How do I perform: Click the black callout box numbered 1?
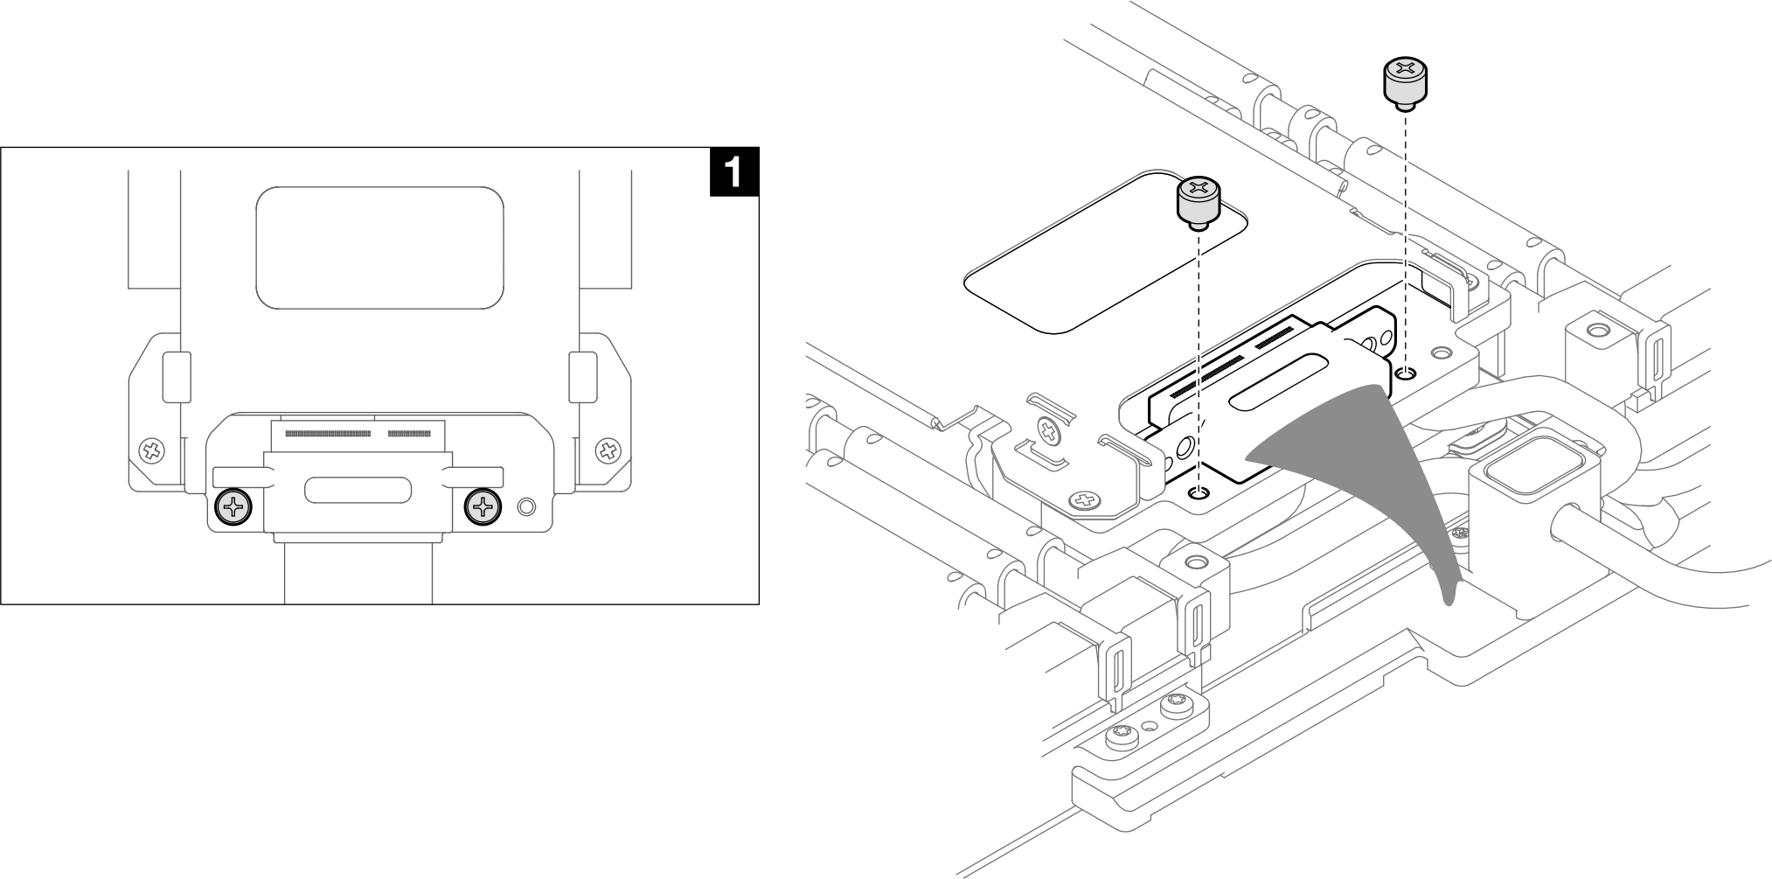pos(733,171)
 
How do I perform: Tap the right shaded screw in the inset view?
pos(483,506)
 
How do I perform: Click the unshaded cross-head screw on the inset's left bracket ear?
pos(153,451)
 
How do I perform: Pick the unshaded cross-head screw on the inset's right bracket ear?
pos(607,451)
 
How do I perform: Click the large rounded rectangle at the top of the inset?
pos(379,248)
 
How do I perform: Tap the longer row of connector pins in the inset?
pos(329,433)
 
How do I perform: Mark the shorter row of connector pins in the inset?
pos(409,433)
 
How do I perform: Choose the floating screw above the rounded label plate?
pos(1199,201)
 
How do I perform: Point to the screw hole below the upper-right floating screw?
pos(1406,374)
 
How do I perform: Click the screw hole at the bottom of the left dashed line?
pos(1199,493)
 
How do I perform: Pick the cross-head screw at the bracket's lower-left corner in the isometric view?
pos(1085,501)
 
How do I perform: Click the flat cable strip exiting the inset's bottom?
pos(358,572)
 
